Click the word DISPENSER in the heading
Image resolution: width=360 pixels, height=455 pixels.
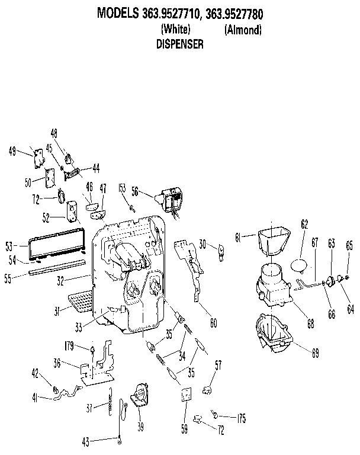tap(180, 44)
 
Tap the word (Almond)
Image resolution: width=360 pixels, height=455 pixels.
tap(243, 30)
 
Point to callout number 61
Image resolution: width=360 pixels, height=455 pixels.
tap(238, 238)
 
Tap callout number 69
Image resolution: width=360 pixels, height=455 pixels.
tap(315, 353)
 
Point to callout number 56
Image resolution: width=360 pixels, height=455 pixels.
tap(135, 191)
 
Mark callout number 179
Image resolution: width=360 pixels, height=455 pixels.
tap(68, 347)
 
